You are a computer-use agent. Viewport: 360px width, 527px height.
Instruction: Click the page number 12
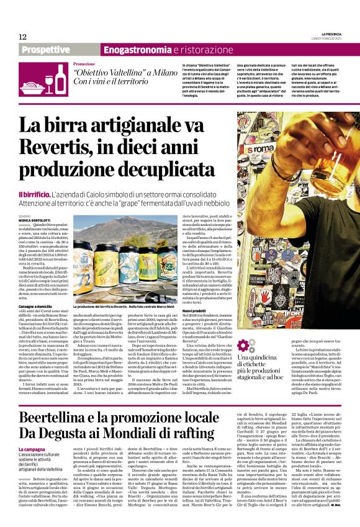[23, 36]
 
